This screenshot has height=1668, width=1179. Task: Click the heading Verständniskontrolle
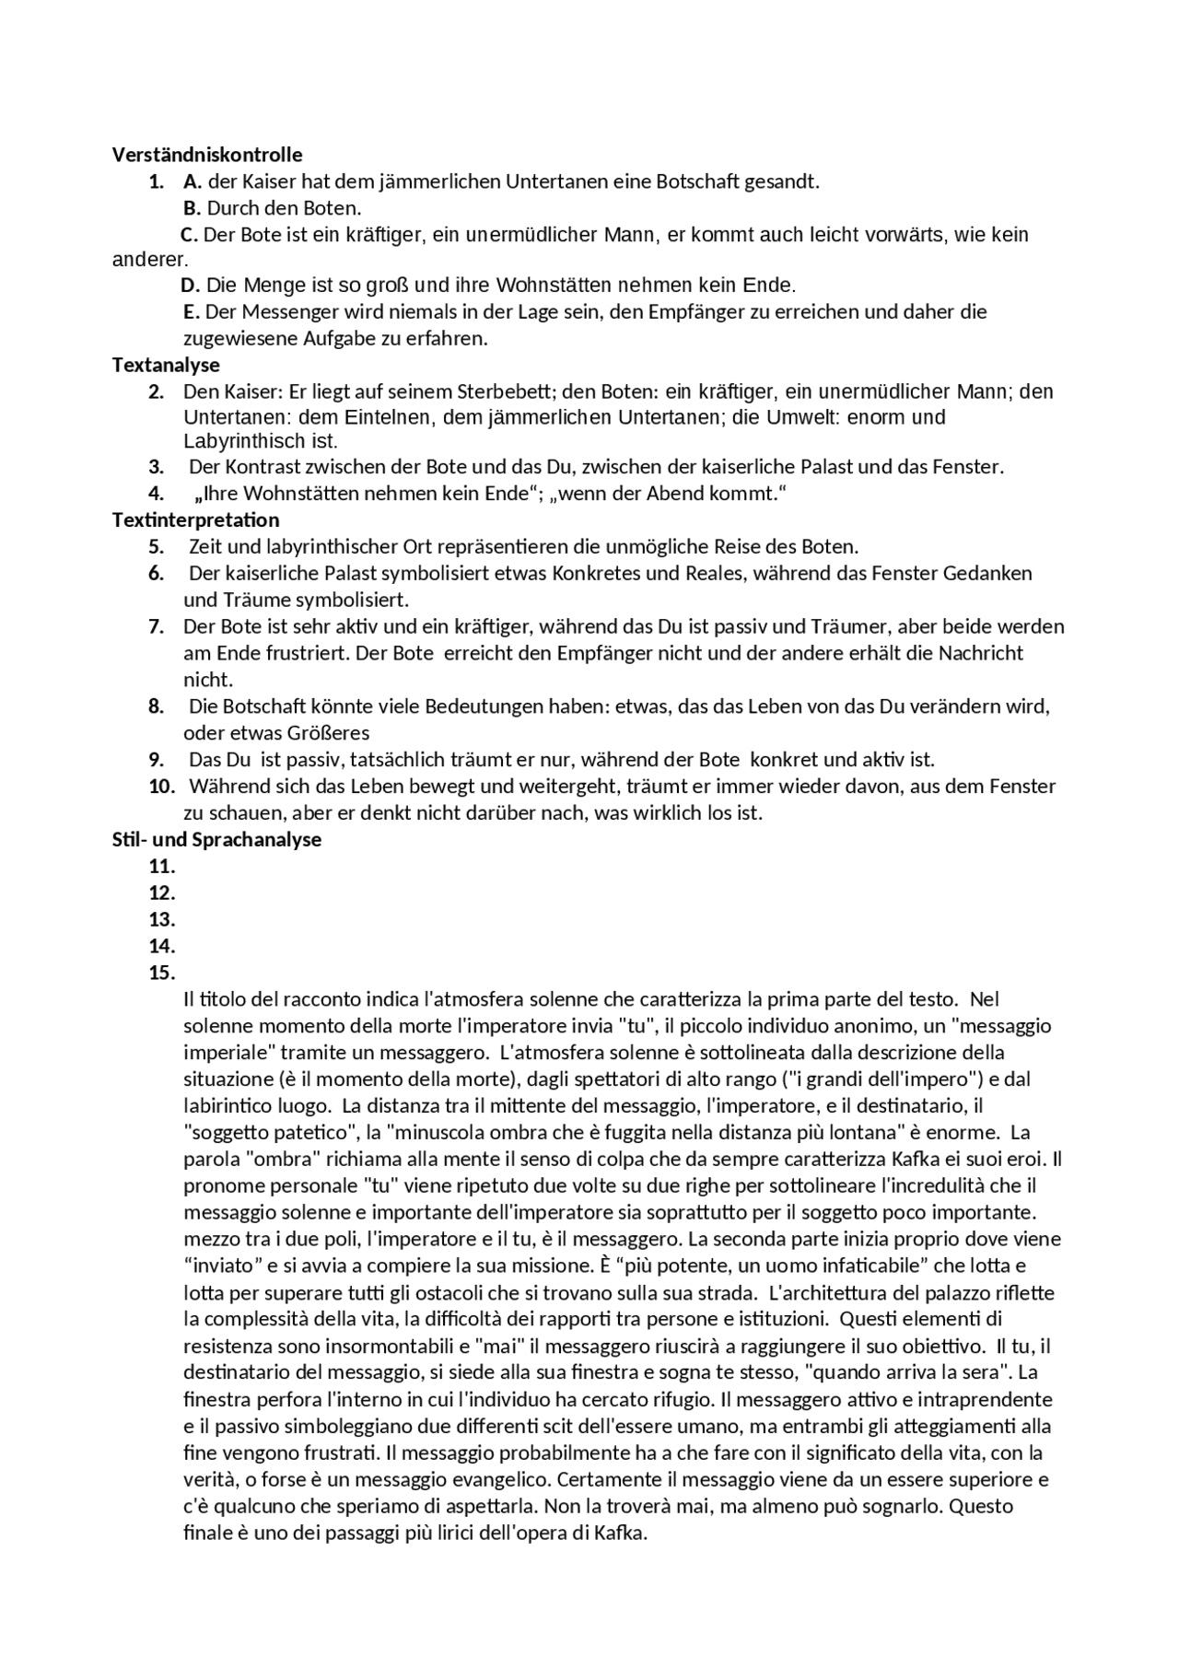tap(207, 155)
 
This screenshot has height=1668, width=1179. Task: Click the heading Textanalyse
tap(166, 365)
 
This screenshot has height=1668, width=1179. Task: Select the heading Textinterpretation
tap(195, 519)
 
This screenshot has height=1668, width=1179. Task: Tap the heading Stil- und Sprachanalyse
tap(216, 839)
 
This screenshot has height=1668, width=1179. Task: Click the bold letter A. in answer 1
tap(193, 181)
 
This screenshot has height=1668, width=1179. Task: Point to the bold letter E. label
tap(192, 311)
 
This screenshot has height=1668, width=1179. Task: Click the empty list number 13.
tap(161, 919)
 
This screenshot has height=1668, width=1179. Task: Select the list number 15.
tap(161, 973)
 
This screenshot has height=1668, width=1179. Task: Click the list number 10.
tap(161, 786)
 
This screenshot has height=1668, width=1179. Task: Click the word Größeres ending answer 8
tap(328, 733)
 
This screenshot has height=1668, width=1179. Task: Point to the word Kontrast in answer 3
tap(258, 467)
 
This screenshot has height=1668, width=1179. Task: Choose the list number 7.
tap(157, 626)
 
